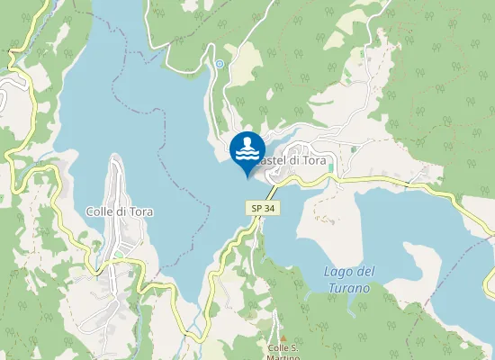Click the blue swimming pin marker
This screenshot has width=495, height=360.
coord(247,149)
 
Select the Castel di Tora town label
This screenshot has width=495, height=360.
coord(289,159)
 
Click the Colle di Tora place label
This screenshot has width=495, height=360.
coord(119,212)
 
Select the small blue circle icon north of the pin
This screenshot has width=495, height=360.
coord(219,64)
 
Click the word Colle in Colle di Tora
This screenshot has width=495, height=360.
coord(98,212)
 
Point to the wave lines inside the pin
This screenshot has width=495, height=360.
coord(247,154)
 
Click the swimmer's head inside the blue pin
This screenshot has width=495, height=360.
coord(250,141)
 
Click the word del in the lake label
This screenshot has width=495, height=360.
coord(364,272)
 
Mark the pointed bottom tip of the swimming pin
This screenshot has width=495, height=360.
coord(247,176)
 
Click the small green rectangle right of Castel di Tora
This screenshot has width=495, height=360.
coord(331,167)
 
